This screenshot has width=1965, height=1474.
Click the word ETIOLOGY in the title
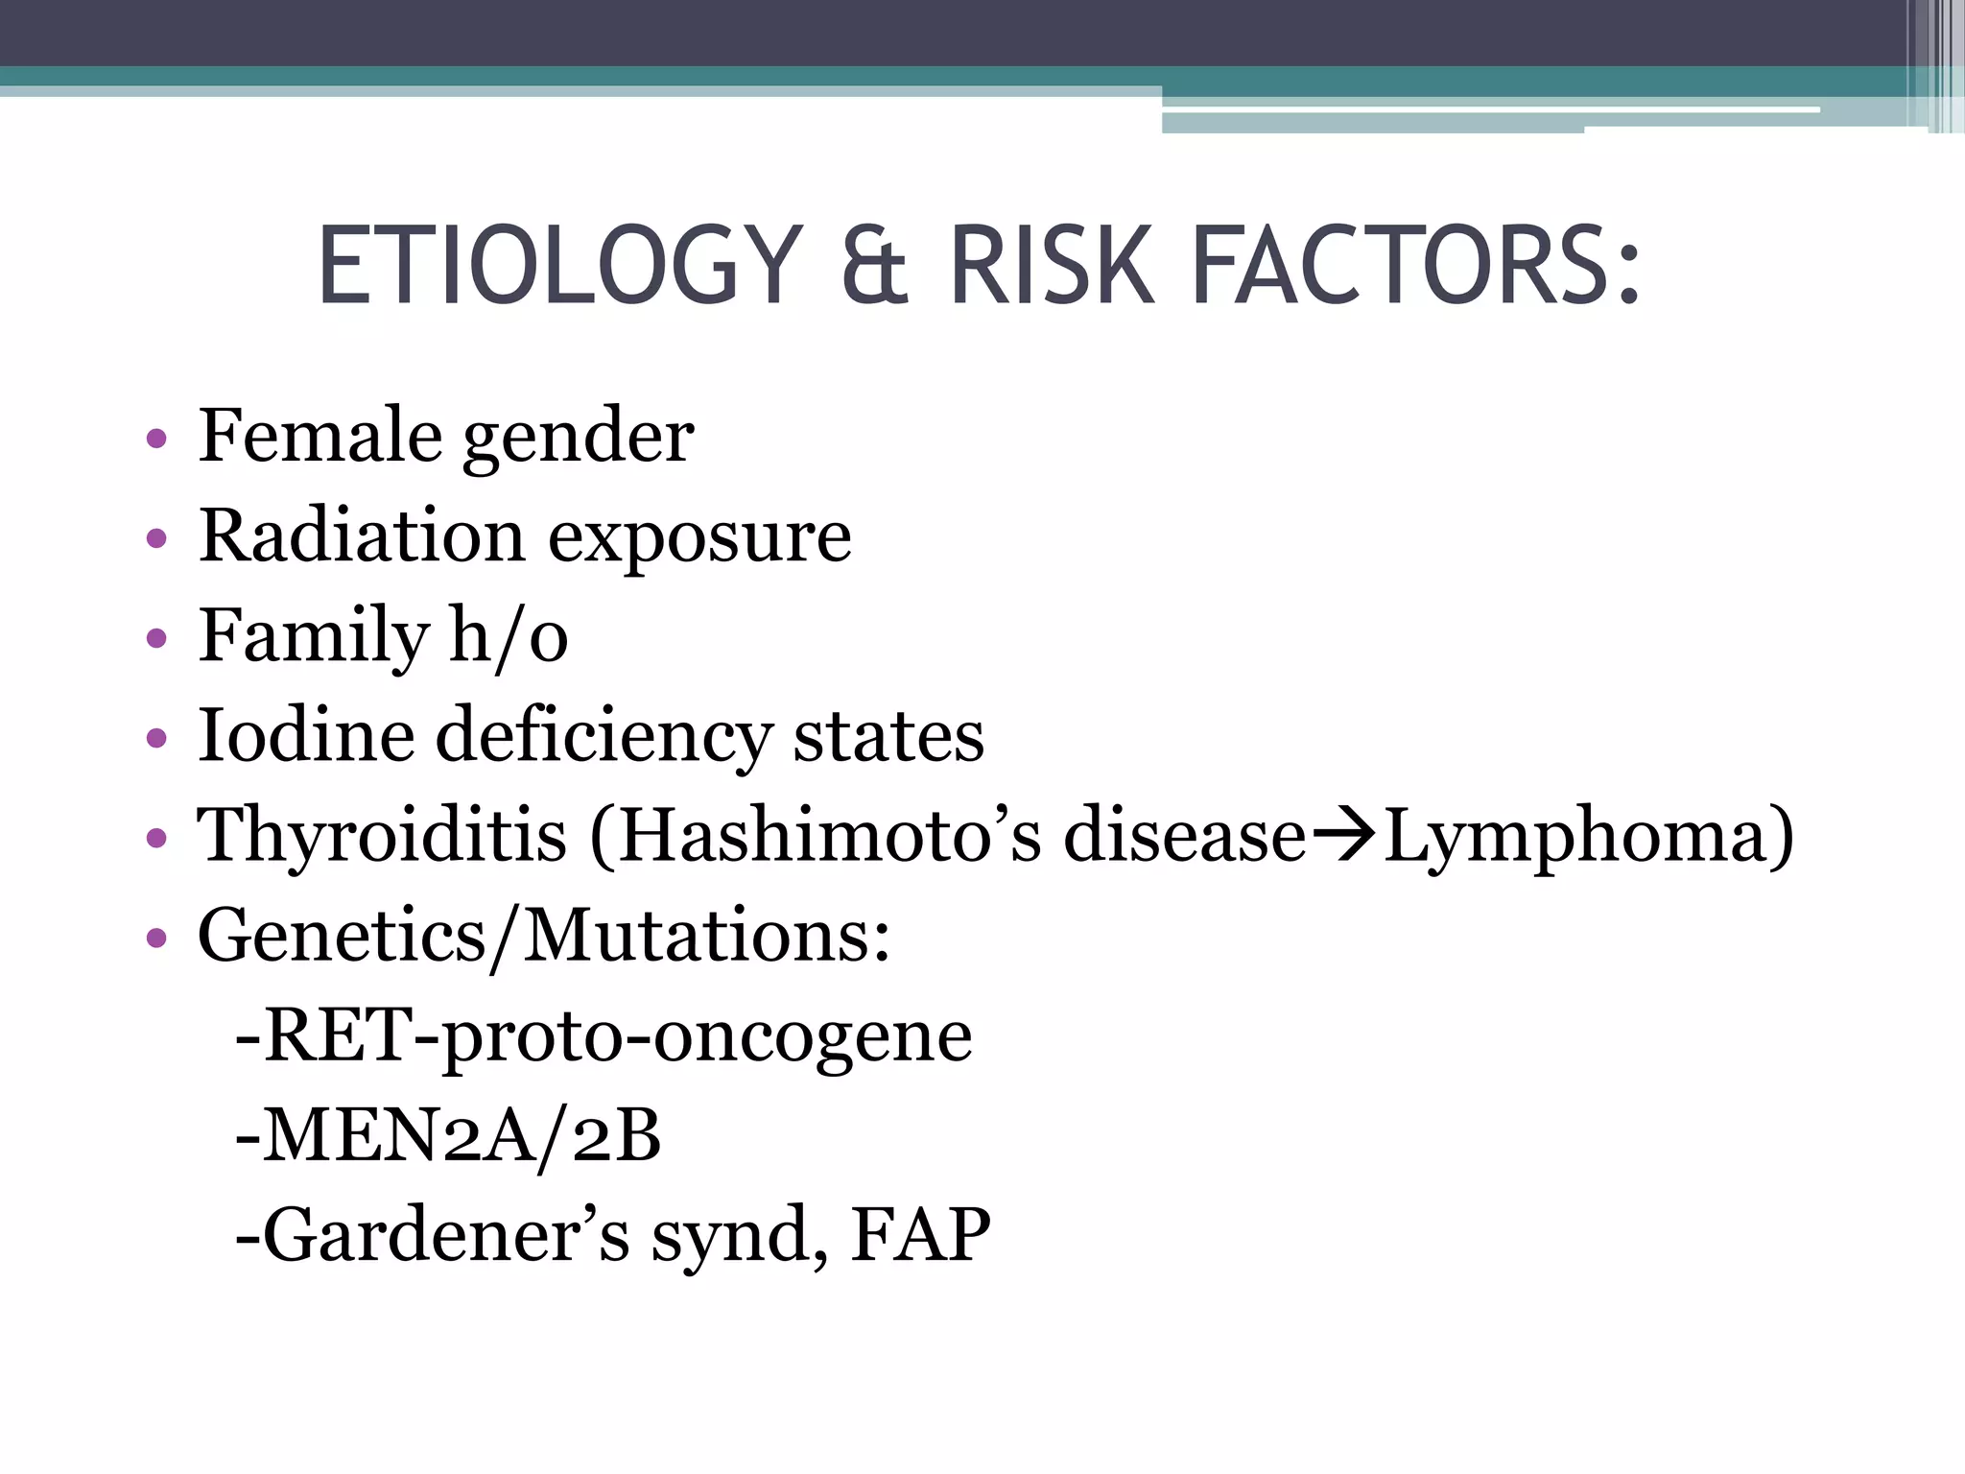click(x=558, y=266)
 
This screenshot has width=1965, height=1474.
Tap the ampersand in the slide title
click(x=874, y=266)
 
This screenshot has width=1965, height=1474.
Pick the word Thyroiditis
click(x=382, y=837)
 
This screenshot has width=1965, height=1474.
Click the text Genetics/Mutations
click(x=544, y=936)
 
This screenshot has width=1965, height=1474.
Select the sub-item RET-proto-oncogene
click(x=604, y=1037)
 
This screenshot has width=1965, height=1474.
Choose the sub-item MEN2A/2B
click(x=448, y=1136)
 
